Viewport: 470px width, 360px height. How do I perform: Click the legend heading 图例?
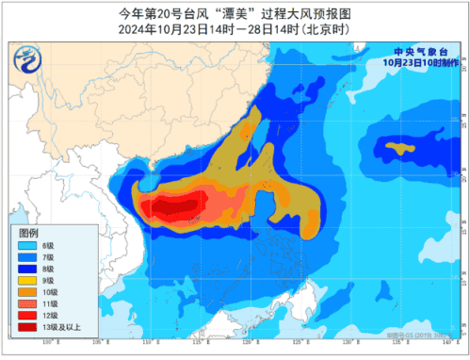[28, 232]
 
